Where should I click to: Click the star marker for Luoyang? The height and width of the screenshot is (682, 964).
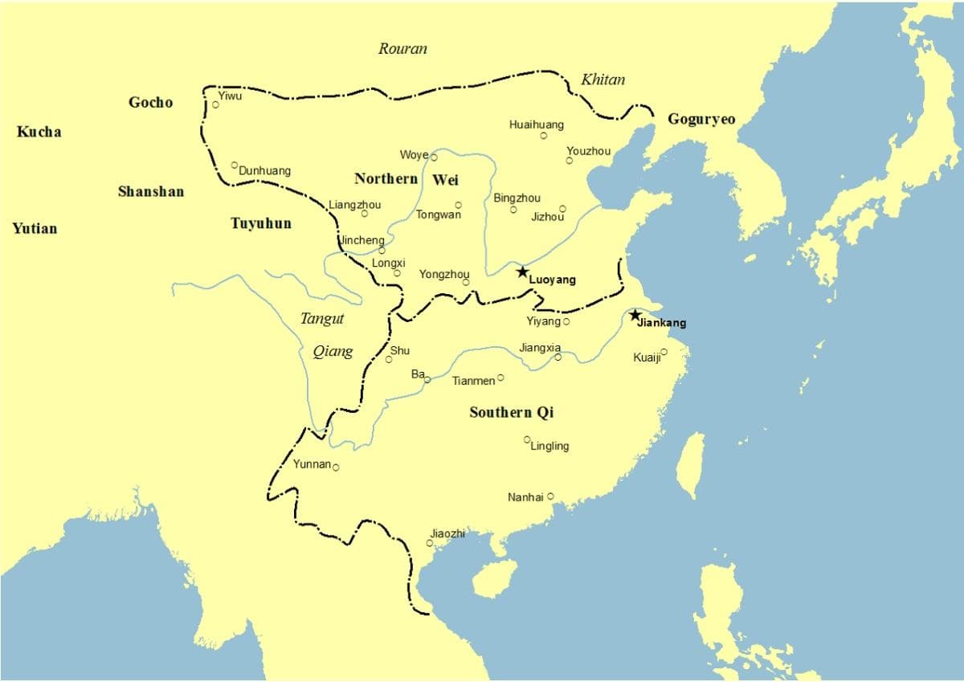(x=522, y=272)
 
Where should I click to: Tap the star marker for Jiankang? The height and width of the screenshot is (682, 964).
(x=635, y=315)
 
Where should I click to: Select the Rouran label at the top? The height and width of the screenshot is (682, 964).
(x=402, y=49)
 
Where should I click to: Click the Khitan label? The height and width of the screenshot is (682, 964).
(x=602, y=80)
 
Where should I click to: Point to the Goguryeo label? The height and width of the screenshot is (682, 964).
(x=701, y=120)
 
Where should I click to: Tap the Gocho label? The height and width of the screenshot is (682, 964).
(x=150, y=102)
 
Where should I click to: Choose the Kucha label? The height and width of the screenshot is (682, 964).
(x=39, y=132)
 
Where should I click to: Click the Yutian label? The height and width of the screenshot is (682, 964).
(x=35, y=229)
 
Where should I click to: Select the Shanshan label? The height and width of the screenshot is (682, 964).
(x=150, y=192)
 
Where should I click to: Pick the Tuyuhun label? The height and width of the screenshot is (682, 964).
(x=261, y=223)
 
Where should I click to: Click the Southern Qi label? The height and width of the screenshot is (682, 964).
(x=511, y=413)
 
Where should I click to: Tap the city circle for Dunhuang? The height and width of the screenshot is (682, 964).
(x=235, y=165)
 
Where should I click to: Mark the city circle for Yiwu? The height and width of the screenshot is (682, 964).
(x=215, y=104)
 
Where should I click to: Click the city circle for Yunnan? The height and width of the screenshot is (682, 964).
(x=336, y=468)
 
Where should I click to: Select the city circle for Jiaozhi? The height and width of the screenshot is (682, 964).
(x=430, y=543)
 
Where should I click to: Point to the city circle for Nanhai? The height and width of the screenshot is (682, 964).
(x=550, y=496)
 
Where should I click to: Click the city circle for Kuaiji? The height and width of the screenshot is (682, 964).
(x=664, y=352)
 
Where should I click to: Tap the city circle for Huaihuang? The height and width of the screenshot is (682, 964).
(x=543, y=136)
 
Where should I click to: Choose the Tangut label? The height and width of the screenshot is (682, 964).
(x=321, y=319)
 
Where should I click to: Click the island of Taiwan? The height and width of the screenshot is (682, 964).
(x=690, y=465)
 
